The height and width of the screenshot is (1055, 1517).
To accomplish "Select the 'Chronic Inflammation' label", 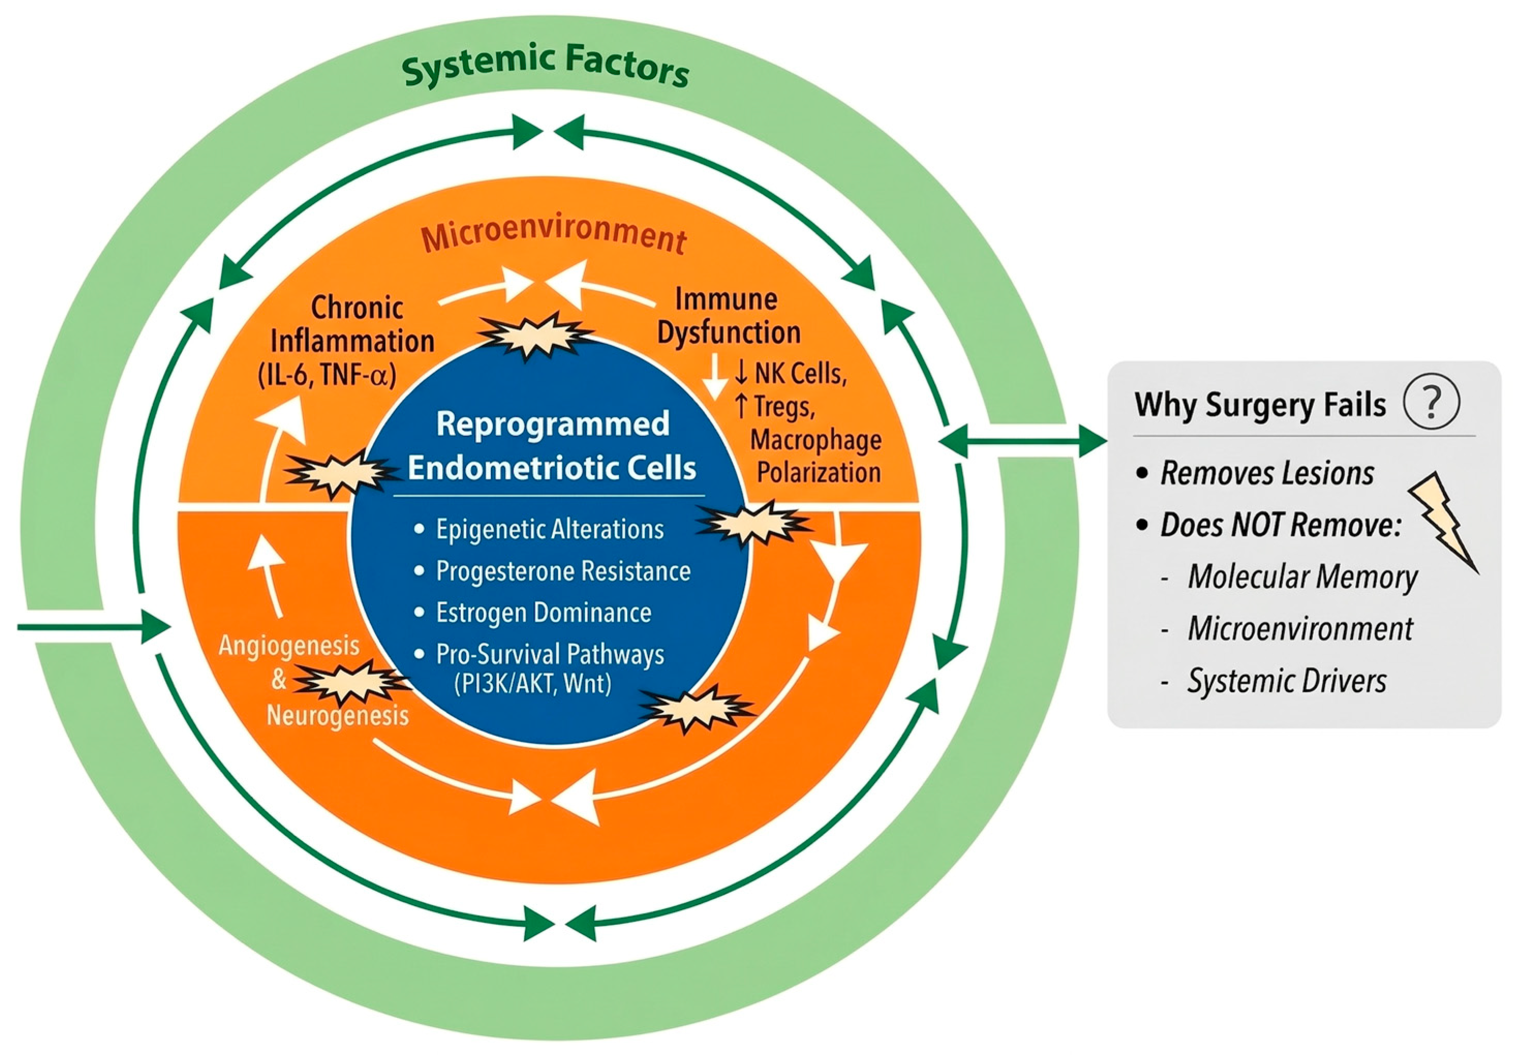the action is [353, 324].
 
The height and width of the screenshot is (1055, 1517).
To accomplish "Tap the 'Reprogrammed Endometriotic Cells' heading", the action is [552, 445].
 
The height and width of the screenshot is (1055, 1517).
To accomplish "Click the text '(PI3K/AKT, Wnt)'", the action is [533, 682].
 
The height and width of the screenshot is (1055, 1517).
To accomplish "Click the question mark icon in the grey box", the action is [1431, 402].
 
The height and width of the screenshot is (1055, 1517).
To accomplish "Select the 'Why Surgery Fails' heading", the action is [1260, 405].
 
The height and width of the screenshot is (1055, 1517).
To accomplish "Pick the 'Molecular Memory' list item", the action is [1302, 577].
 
